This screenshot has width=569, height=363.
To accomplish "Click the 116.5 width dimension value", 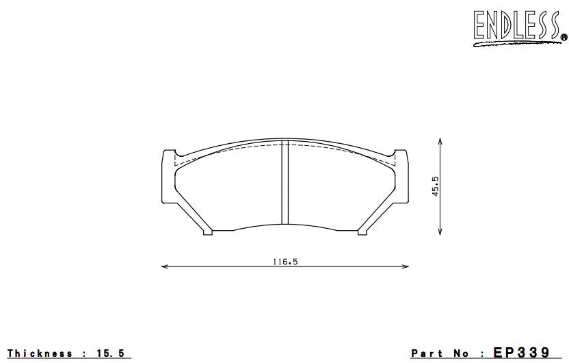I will [285, 261].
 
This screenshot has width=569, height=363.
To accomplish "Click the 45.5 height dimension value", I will [435, 186].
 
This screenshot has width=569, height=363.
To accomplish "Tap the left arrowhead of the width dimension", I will [164, 266].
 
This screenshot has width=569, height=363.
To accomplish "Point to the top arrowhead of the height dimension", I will [440, 140].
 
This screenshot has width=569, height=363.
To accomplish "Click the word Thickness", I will [40, 353].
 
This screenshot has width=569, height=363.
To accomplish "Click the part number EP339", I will [521, 353].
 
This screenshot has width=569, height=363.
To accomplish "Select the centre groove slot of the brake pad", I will [285, 183].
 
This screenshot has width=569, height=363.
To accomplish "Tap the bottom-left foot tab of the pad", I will [208, 231].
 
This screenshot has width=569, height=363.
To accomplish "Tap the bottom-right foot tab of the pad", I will [362, 231].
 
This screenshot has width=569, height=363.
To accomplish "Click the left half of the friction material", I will [229, 188].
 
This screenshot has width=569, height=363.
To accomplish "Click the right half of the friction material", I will [342, 188].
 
